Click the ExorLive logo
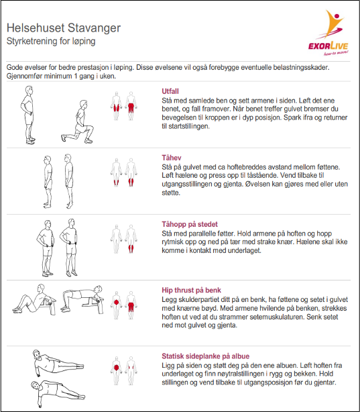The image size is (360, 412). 328,33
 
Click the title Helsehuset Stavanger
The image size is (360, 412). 64,28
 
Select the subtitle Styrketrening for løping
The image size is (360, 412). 51,41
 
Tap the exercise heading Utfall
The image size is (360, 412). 170,91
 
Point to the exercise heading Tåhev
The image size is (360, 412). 172,158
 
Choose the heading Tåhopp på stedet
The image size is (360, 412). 190,224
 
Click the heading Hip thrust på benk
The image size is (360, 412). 192,290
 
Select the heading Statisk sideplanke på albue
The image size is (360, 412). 206,356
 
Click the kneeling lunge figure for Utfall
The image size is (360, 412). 78,121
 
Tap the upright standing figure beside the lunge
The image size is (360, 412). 28,115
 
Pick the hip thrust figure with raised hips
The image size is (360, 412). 82,299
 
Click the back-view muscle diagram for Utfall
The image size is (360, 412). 131,106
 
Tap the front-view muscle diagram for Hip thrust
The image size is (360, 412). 117,305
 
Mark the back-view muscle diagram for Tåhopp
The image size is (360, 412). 131,239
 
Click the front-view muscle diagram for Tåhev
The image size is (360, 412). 117,172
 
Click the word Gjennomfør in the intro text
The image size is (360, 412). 23,76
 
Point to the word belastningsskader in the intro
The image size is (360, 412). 301,67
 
